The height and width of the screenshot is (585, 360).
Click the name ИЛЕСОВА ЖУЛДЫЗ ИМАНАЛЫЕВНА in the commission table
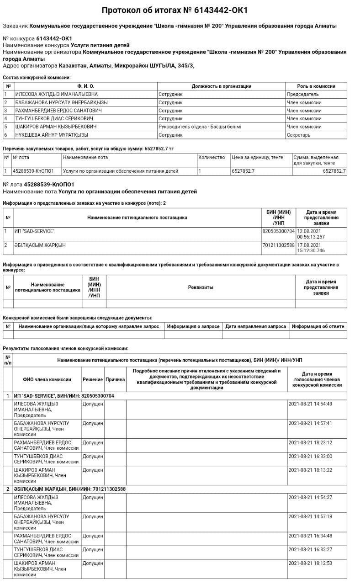53,94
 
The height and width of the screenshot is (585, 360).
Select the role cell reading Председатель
303,94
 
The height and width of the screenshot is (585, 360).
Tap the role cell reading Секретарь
299,135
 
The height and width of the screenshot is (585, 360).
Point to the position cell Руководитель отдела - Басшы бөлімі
200,127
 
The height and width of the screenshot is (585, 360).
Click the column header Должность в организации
221,86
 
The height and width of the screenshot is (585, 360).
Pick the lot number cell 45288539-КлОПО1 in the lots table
33,171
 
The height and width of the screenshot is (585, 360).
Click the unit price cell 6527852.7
243,171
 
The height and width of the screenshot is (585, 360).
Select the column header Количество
212,157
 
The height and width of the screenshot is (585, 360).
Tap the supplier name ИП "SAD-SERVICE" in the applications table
34,231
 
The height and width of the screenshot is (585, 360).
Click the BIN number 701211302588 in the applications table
279,245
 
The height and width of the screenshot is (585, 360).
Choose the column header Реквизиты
201,287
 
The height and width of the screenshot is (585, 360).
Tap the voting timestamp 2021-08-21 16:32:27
311,549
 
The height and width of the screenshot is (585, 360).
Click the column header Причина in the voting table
115,379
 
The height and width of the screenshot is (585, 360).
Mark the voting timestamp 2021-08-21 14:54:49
311,404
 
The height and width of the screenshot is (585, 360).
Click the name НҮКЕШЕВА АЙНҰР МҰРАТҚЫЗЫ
52,135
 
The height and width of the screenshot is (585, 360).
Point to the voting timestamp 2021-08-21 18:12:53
311,563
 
